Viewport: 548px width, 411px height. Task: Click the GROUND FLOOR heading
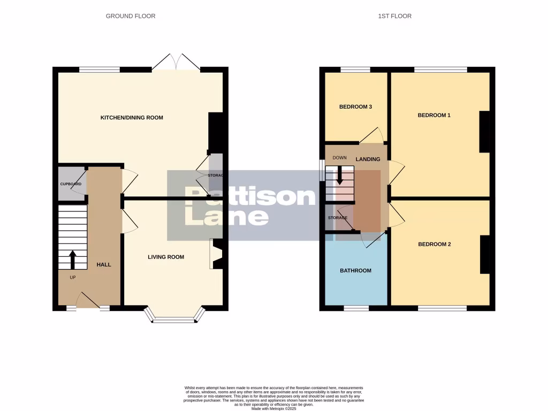[x=131, y=16]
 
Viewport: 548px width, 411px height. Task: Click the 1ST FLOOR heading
[x=395, y=16]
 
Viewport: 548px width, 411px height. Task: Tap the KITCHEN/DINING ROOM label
[x=132, y=118]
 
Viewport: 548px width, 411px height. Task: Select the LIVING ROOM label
[x=166, y=257]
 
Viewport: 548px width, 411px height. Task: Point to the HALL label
[x=104, y=264]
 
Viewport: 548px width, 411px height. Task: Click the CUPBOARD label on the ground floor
[x=70, y=184]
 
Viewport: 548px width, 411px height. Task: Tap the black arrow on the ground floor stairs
[x=72, y=260]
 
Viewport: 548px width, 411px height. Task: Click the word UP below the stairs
[x=73, y=278]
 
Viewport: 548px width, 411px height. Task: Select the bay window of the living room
[x=175, y=319]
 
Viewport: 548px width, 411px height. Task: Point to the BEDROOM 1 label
[x=434, y=115]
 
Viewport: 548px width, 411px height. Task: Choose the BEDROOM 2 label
[x=434, y=245]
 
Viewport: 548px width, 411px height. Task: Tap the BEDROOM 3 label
[x=355, y=107]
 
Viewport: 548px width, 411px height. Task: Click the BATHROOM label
[x=355, y=271]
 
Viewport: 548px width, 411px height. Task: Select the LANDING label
[x=368, y=159]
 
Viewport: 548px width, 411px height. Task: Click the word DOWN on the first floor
[x=340, y=158]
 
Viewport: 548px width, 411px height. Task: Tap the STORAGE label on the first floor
[x=337, y=218]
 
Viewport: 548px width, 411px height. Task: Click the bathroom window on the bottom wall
[x=356, y=308]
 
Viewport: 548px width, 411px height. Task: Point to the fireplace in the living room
[x=217, y=254]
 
